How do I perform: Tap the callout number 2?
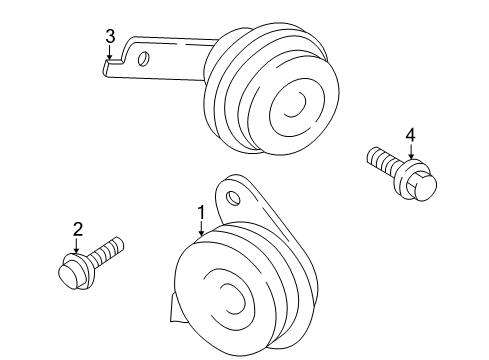(77, 230)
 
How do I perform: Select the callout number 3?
(111, 37)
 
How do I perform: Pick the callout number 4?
(410, 135)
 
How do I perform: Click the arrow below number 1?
(201, 228)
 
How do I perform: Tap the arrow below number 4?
(410, 152)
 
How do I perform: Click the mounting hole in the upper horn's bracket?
(144, 59)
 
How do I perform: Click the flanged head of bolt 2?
(73, 269)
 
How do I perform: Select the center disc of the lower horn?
(234, 301)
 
